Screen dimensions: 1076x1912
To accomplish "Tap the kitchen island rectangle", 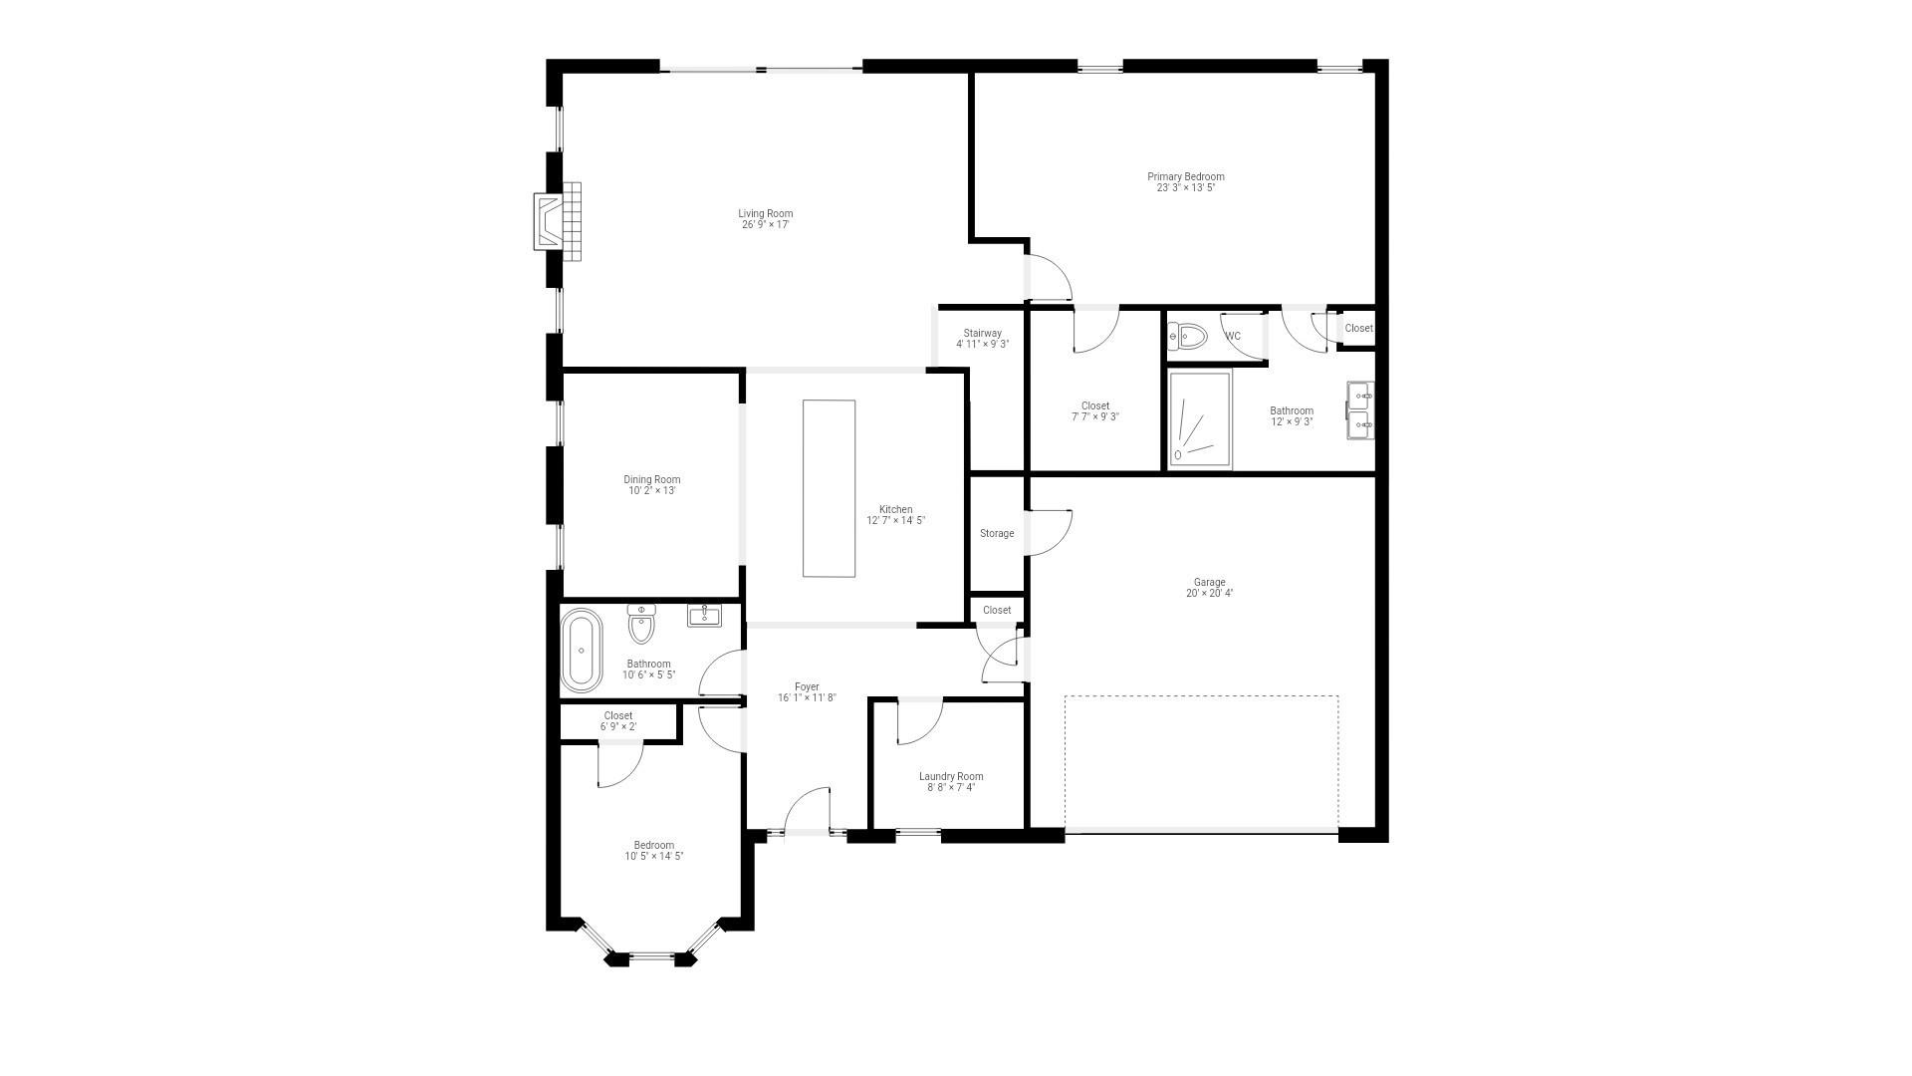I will click(829, 488).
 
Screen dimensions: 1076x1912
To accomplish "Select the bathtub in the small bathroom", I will click(582, 651).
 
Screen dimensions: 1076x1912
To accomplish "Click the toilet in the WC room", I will click(1188, 337).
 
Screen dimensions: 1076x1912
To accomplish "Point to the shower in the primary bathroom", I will click(1200, 419).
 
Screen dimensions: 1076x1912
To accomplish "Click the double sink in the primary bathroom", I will click(1360, 410).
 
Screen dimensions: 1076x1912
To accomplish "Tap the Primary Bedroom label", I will click(1185, 177).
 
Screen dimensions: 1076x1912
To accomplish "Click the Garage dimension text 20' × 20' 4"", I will click(1209, 594).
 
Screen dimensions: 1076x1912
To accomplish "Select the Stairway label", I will click(982, 334).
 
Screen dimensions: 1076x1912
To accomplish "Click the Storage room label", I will click(997, 534).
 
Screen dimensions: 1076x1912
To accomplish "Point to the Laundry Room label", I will click(951, 777).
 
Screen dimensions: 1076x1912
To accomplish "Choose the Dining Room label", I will click(652, 480).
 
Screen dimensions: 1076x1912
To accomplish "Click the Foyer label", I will click(807, 687).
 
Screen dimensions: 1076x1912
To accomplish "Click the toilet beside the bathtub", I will click(641, 625).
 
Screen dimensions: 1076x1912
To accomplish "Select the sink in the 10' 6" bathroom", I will click(705, 615).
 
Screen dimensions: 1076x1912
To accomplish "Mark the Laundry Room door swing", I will click(919, 722).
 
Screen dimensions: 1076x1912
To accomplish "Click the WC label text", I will click(1233, 337).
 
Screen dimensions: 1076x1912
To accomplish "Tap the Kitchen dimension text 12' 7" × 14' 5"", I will click(895, 521).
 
